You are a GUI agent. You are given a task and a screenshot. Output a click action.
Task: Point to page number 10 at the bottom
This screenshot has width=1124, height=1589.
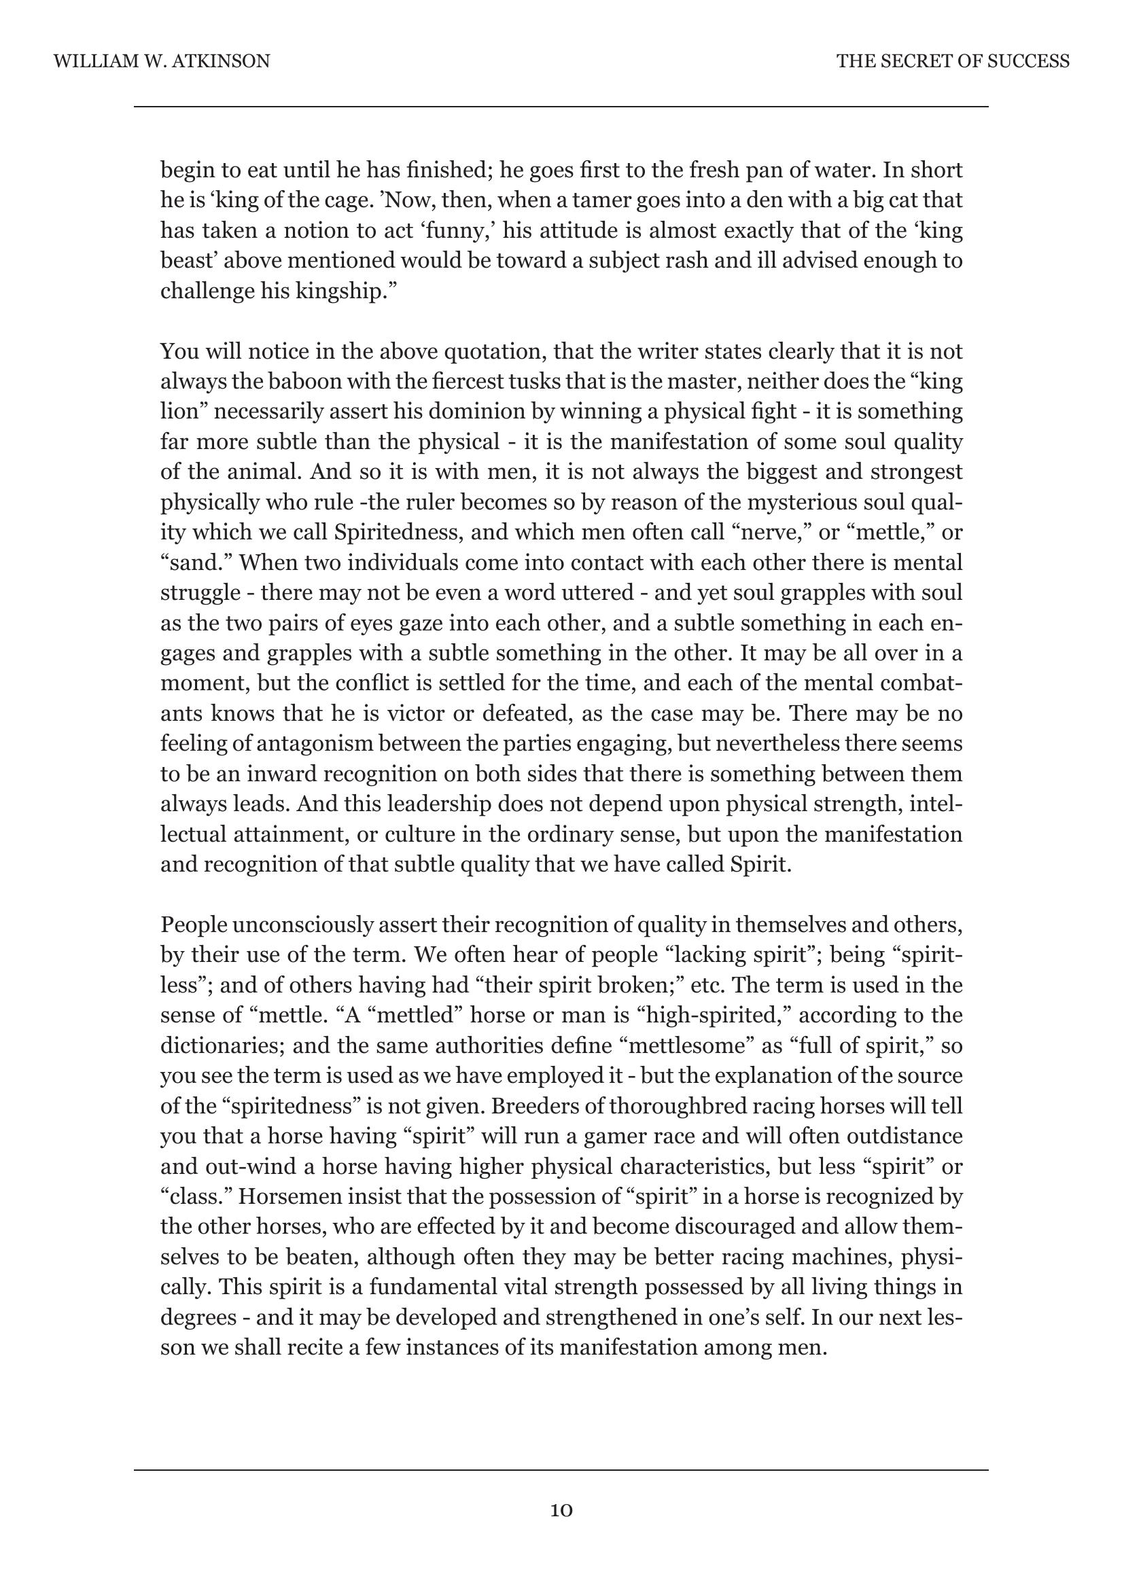[x=561, y=1510]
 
